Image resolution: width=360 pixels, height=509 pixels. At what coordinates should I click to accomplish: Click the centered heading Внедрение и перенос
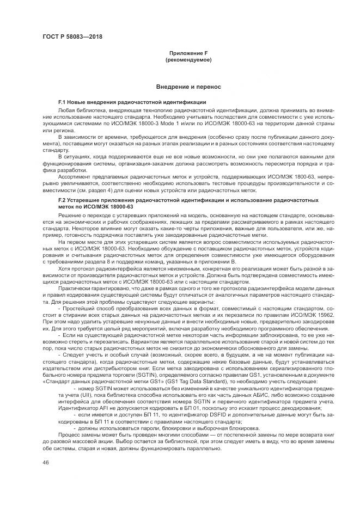click(188, 87)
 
